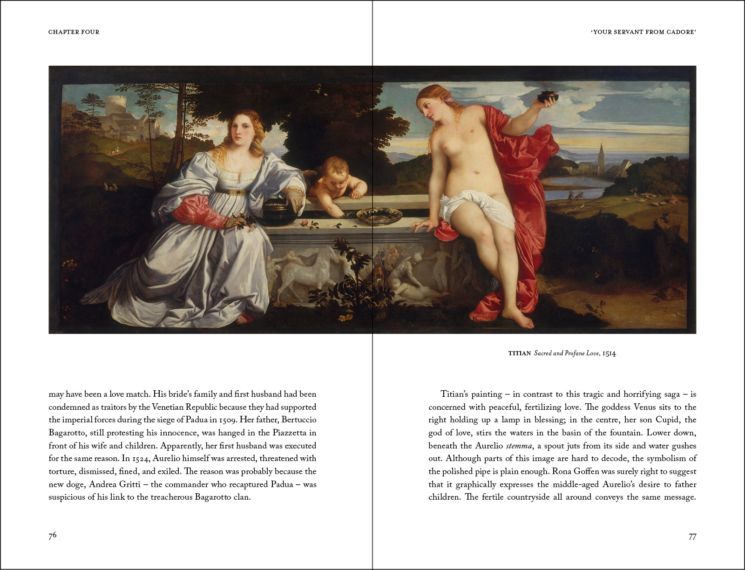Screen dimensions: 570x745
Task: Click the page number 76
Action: (53, 535)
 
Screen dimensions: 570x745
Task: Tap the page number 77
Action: (692, 536)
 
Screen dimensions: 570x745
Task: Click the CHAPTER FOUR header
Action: (74, 32)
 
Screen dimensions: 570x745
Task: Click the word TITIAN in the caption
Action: (519, 353)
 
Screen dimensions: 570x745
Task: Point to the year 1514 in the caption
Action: (609, 353)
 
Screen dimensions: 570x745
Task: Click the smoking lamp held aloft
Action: (547, 97)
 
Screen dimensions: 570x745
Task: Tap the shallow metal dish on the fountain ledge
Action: (379, 216)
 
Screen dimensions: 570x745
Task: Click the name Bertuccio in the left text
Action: (298, 420)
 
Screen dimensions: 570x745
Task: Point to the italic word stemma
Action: (518, 446)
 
